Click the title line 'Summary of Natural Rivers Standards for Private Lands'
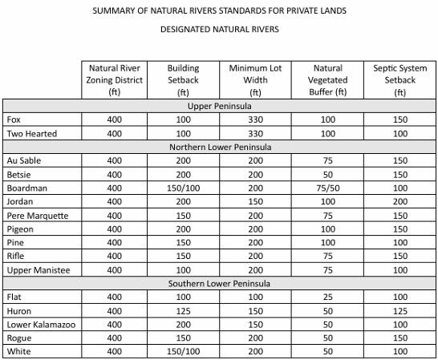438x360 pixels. click(219, 11)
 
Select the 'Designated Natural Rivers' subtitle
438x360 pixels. click(219, 34)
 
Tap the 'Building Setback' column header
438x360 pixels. click(184, 80)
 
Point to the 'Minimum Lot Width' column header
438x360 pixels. click(253, 80)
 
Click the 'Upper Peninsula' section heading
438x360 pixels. click(219, 106)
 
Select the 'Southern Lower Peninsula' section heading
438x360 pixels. click(219, 283)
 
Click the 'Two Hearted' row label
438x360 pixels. click(31, 133)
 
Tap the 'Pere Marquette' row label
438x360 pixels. click(37, 215)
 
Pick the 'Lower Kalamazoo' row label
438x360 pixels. click(40, 324)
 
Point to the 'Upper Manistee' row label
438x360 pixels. click(38, 269)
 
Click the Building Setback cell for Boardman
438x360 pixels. click(184, 188)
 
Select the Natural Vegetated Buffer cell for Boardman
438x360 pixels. click(326, 188)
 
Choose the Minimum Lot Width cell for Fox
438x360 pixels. click(253, 119)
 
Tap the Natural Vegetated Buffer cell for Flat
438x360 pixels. click(326, 297)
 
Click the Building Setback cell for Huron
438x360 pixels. click(184, 310)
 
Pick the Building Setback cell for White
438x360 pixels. click(184, 351)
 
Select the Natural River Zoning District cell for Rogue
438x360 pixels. click(115, 338)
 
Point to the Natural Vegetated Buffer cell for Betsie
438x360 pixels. click(326, 174)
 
